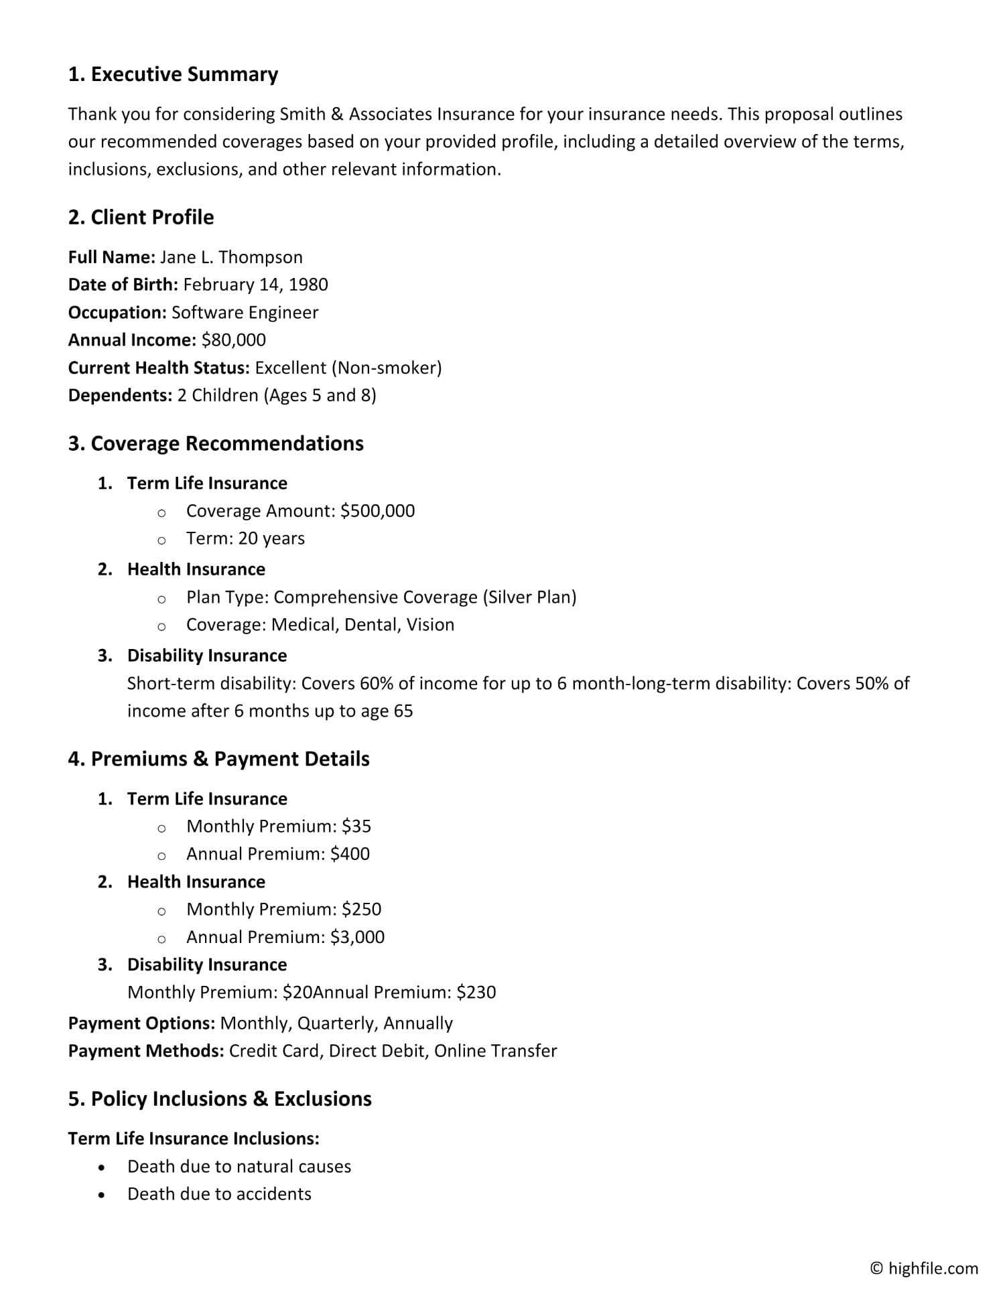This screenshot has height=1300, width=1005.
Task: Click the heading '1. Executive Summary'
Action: point(173,74)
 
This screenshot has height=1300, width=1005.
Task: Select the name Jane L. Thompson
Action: point(231,257)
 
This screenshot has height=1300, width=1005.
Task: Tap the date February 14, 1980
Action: point(255,285)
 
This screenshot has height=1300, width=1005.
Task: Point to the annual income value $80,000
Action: point(233,340)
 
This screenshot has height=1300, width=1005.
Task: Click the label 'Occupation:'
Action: point(117,313)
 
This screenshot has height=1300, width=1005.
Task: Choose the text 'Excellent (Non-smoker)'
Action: point(348,368)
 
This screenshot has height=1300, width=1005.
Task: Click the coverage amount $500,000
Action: point(377,511)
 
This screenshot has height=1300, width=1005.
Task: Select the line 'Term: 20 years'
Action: point(245,538)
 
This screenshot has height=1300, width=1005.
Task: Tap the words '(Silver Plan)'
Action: point(529,597)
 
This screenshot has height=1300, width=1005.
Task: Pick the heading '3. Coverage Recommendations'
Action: point(216,443)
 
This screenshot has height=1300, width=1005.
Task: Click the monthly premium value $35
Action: point(356,826)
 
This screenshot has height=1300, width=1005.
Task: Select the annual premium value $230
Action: point(476,992)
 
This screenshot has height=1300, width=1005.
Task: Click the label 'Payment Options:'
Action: point(141,1023)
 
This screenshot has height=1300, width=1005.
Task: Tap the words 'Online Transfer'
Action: point(495,1051)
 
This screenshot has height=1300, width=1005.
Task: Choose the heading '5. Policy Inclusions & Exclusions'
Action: point(220,1099)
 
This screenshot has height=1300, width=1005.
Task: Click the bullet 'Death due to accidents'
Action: point(219,1194)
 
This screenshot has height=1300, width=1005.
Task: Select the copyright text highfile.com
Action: point(933,1268)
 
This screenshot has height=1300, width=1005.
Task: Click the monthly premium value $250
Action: point(361,910)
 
